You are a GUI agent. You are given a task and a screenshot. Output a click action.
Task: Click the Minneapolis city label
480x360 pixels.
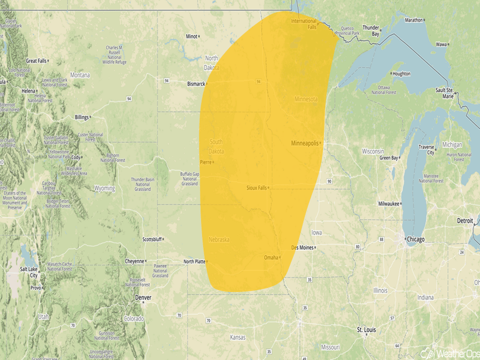click(x=305, y=143)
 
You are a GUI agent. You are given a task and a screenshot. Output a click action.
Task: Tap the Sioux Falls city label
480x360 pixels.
click(x=256, y=188)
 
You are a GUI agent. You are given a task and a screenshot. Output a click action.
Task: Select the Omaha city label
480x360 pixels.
click(x=271, y=257)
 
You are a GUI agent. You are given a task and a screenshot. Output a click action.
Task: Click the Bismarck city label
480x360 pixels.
click(x=196, y=83)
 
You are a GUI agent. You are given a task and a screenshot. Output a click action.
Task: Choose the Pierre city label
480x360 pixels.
click(x=205, y=162)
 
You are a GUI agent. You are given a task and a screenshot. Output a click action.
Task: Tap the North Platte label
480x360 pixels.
click(x=194, y=261)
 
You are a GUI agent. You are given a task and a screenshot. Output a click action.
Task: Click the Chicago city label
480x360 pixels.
click(x=416, y=239)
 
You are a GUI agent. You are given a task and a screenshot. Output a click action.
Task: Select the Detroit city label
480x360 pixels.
click(x=465, y=221)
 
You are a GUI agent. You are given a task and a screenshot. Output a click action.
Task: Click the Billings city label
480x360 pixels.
click(x=82, y=117)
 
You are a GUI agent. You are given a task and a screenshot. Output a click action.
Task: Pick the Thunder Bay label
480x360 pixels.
click(x=371, y=30)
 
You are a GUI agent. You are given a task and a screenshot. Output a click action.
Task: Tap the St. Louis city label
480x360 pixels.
click(x=366, y=330)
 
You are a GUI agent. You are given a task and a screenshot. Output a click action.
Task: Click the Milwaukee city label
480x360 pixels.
click(x=389, y=203)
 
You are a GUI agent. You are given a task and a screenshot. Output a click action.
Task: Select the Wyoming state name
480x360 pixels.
click(x=105, y=188)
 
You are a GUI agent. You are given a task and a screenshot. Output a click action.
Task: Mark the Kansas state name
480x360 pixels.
click(x=237, y=338)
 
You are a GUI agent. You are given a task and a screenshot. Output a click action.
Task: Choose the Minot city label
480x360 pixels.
click(x=191, y=36)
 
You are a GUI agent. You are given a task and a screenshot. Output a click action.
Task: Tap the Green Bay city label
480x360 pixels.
click(x=388, y=158)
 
